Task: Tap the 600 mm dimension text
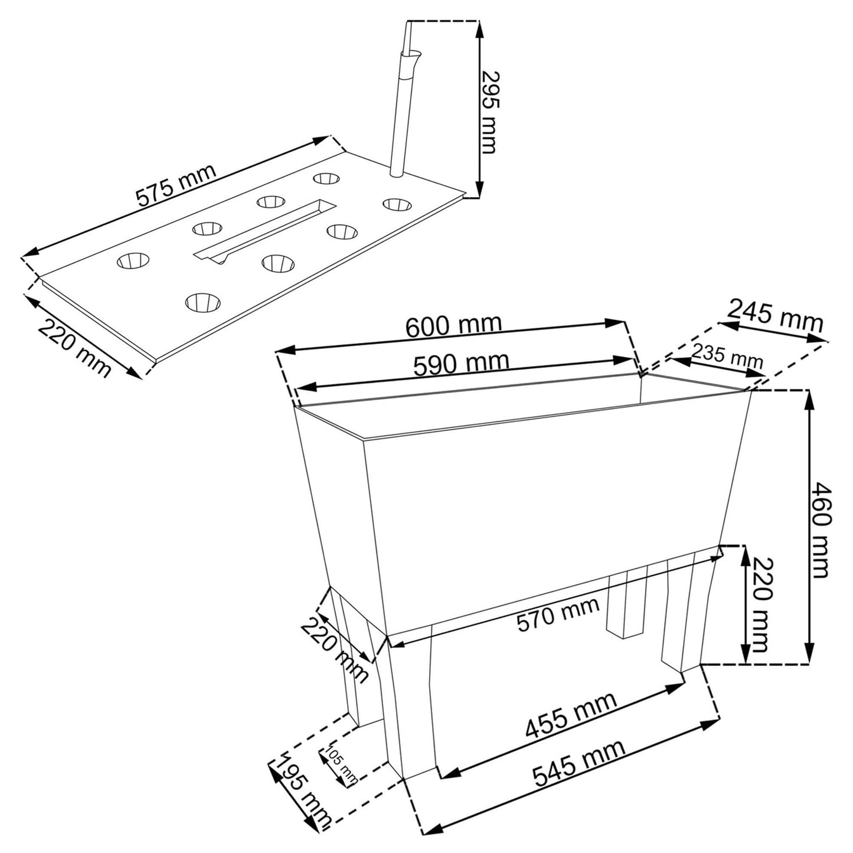pos(454,326)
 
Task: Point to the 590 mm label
pos(461,364)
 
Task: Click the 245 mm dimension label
pos(775,316)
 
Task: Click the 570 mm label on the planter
pos(558,614)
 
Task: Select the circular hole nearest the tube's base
pos(326,178)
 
